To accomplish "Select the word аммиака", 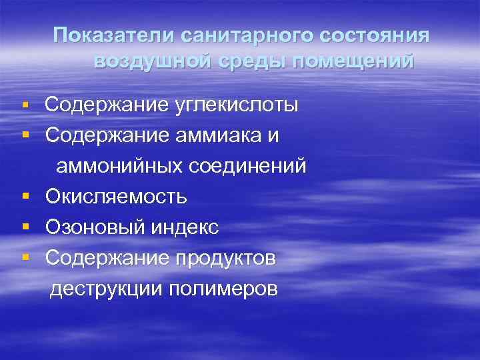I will [x=218, y=135].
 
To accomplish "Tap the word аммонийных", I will [x=116, y=165].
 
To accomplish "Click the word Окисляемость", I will [x=116, y=197].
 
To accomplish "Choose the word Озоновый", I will [x=93, y=227].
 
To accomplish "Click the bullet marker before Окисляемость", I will [x=25, y=197].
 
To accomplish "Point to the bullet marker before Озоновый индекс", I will [x=25, y=228].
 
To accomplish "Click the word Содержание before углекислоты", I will [x=107, y=105].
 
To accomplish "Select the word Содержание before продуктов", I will [x=107, y=258].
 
